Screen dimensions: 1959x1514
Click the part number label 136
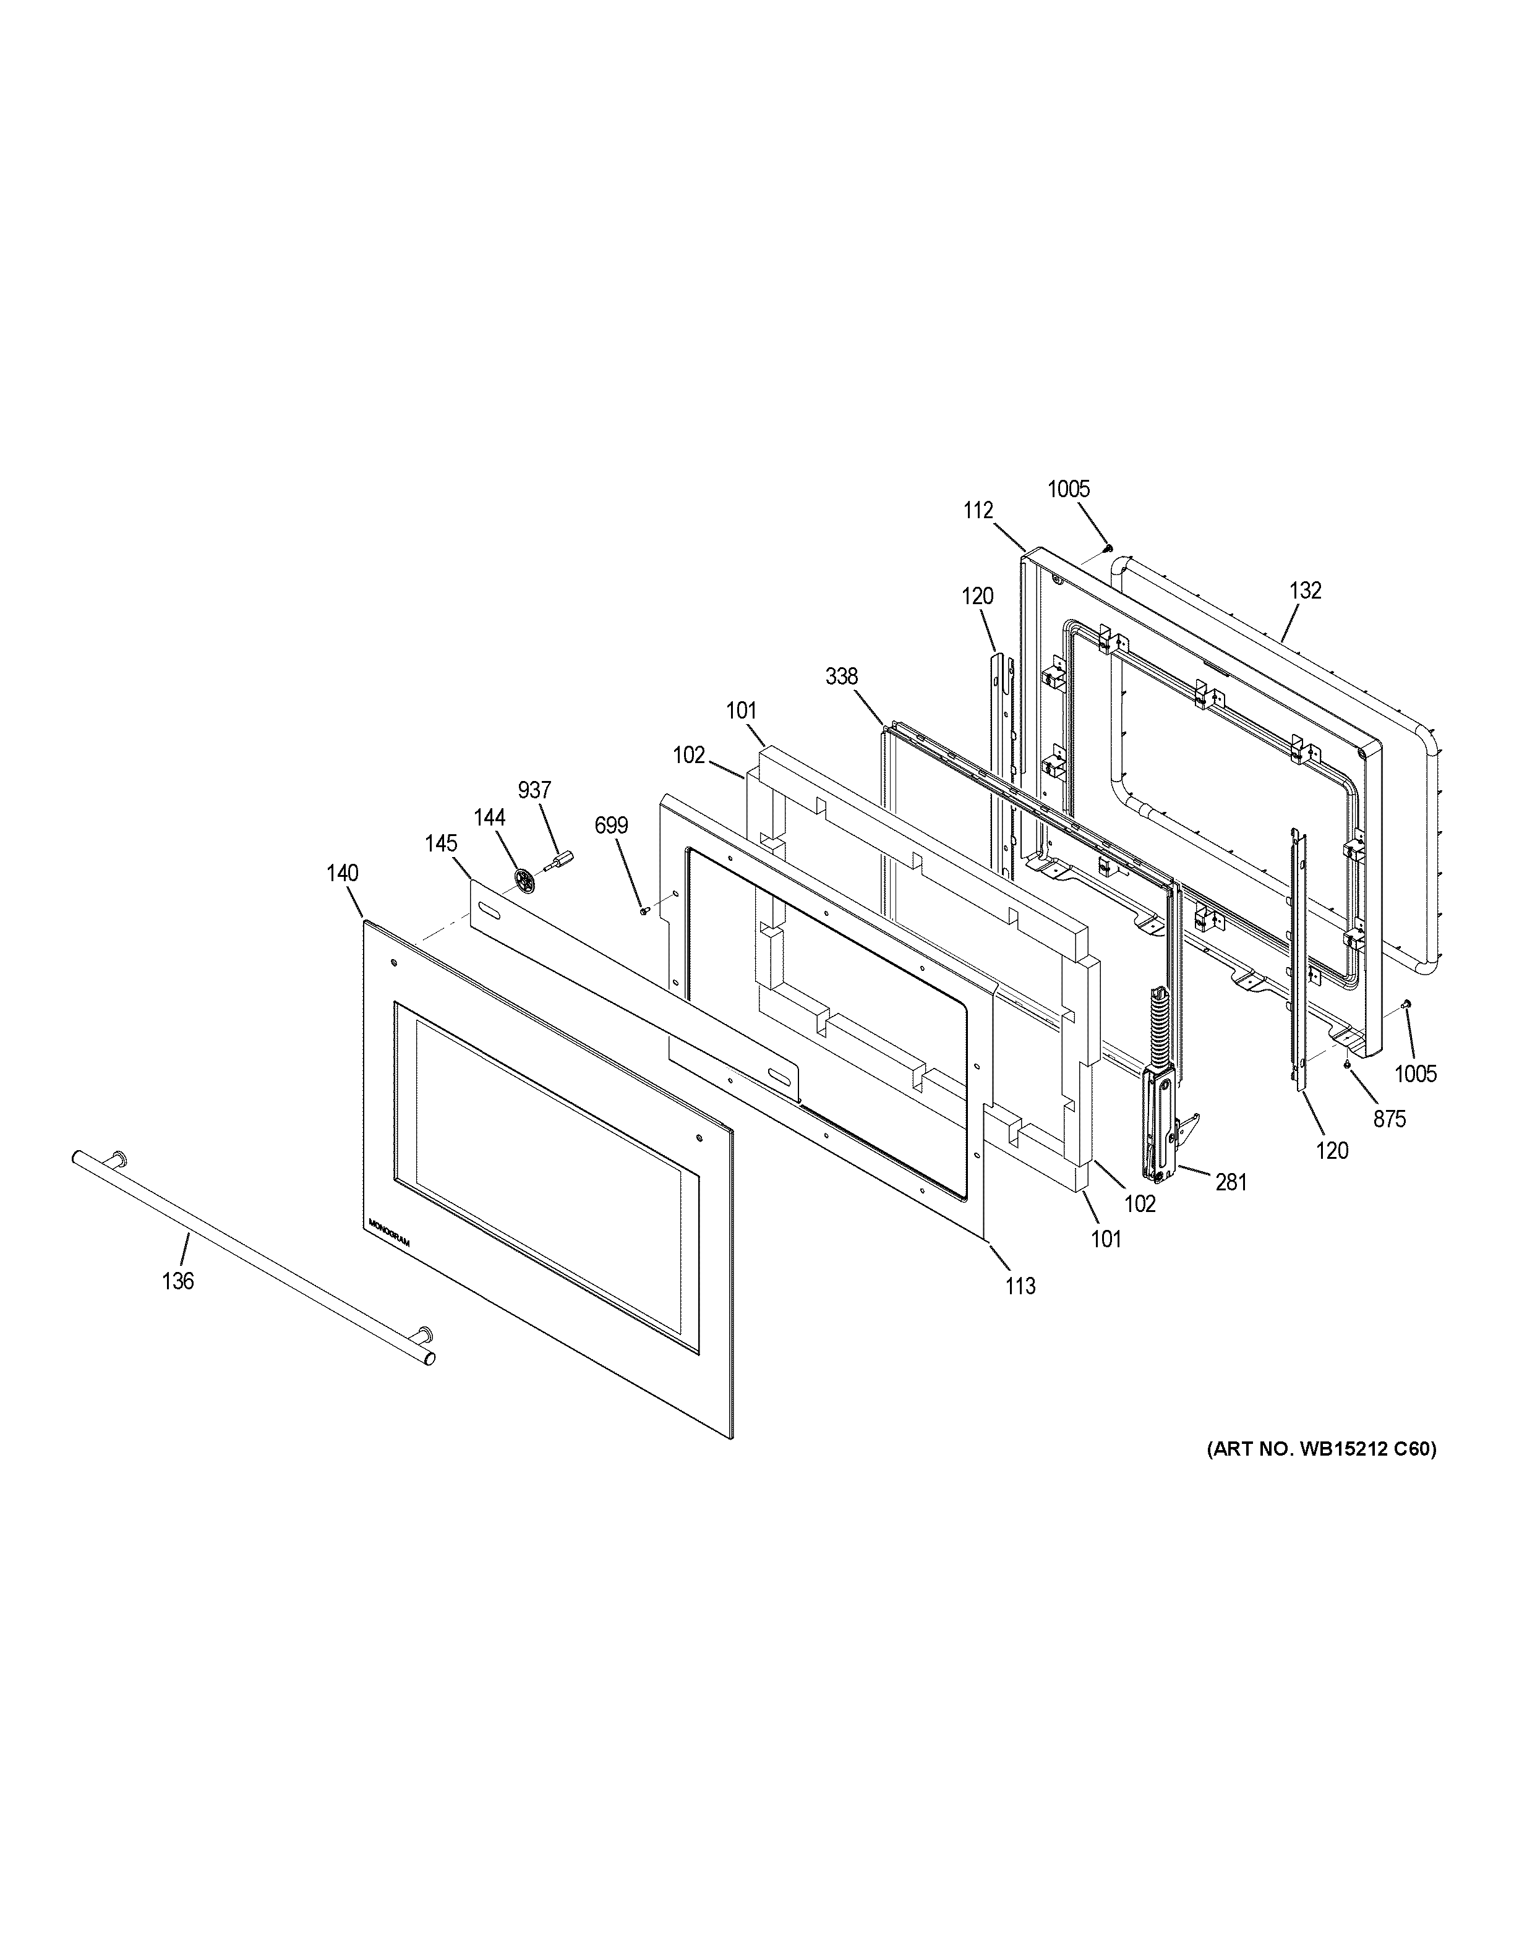click(177, 1281)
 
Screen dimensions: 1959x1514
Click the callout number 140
click(343, 873)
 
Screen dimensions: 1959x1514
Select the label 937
click(534, 790)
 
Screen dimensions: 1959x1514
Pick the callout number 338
click(841, 676)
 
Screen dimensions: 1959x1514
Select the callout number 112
click(978, 510)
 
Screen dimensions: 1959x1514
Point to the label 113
click(1020, 1286)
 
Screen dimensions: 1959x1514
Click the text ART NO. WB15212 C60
click(1321, 1449)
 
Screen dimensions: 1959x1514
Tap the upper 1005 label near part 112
click(1068, 489)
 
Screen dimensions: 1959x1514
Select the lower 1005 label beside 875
click(1415, 1073)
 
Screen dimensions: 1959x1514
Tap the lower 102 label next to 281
click(1140, 1204)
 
